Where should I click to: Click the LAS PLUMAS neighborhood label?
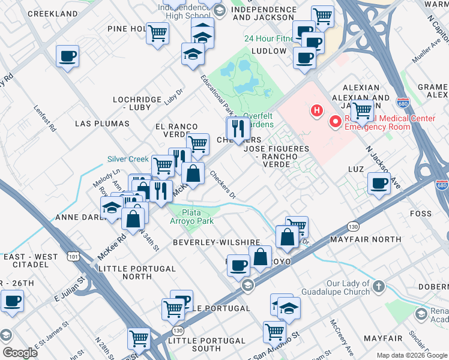pos(102,124)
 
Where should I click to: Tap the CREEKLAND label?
pos(53,13)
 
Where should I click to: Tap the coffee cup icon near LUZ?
pos(379,183)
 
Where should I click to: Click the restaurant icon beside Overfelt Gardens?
pos(238,128)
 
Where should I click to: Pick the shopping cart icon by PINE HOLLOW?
pos(157,33)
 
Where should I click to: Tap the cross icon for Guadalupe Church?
pos(378,287)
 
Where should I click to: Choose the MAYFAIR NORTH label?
pos(366,239)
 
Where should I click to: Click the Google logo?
pos(20,352)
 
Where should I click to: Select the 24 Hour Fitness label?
pos(268,39)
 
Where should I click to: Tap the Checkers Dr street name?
pos(223,184)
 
